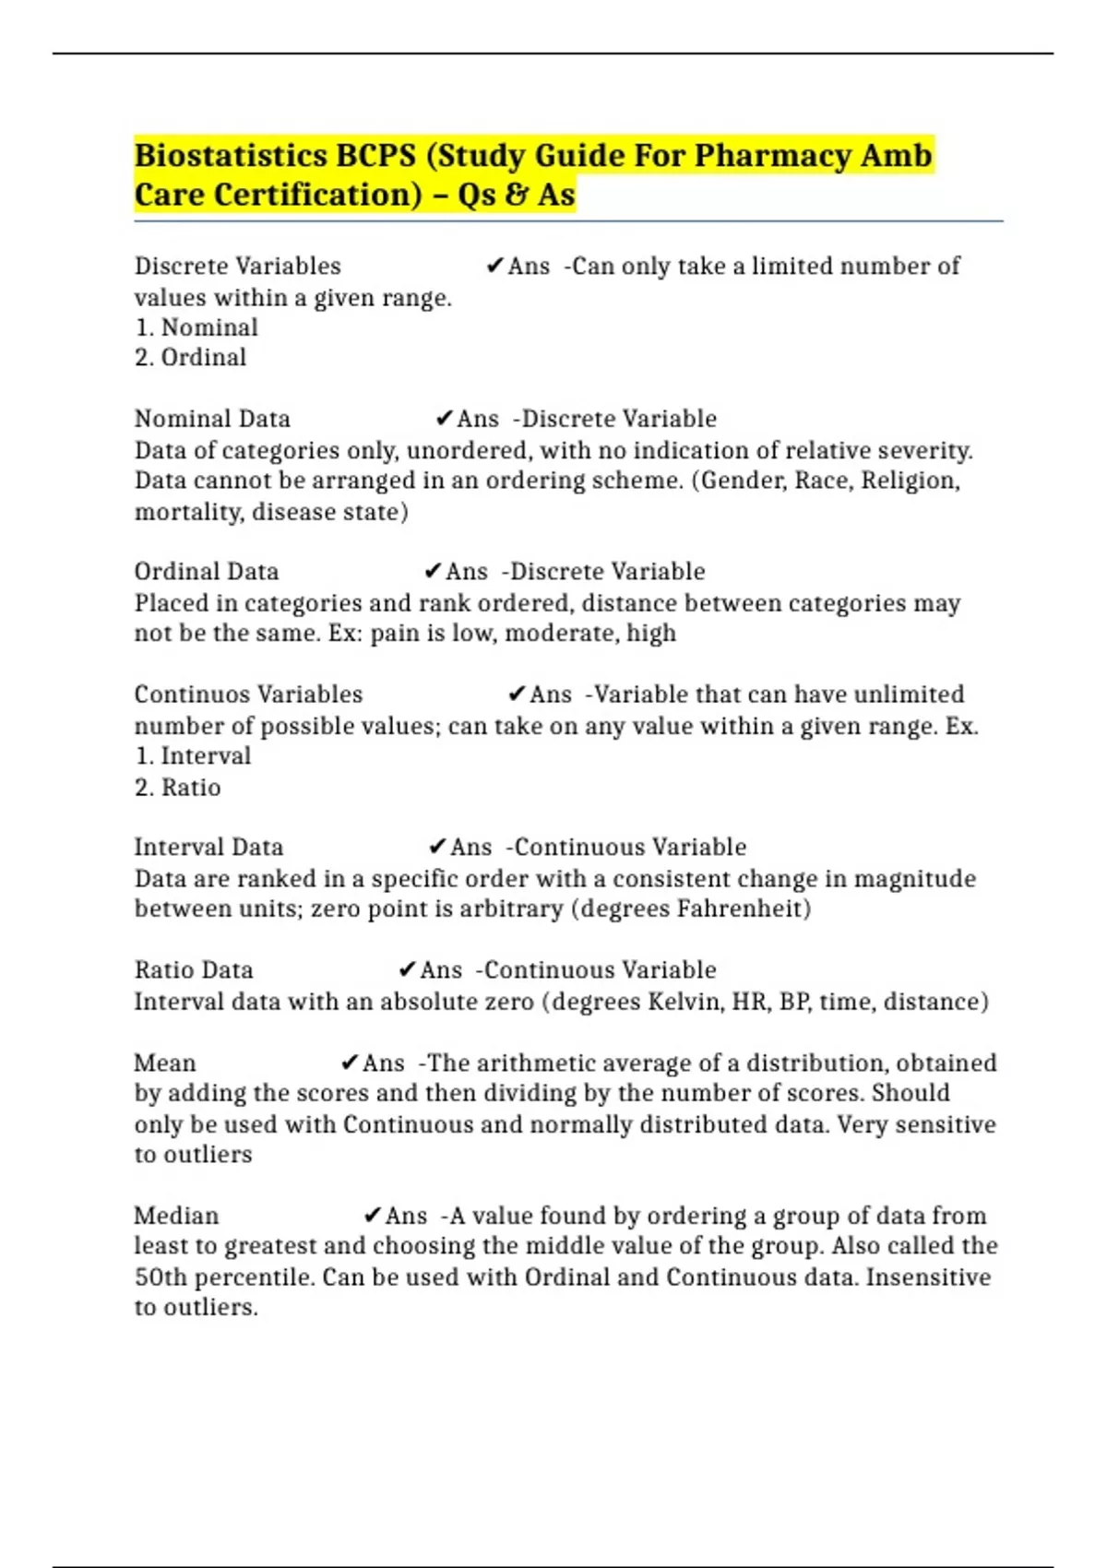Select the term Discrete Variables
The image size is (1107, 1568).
237,266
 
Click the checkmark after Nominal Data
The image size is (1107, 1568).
444,419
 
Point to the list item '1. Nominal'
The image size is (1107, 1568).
196,327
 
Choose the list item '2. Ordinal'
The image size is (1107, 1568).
190,358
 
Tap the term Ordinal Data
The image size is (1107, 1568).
207,572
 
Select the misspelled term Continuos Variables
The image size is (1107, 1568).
248,695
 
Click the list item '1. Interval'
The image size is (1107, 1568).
193,756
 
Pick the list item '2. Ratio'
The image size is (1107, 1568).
178,788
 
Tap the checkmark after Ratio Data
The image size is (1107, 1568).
407,970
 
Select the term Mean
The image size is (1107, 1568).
165,1063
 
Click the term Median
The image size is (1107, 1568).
176,1216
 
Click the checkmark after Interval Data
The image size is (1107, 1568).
437,848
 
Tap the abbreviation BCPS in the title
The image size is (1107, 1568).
375,155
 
